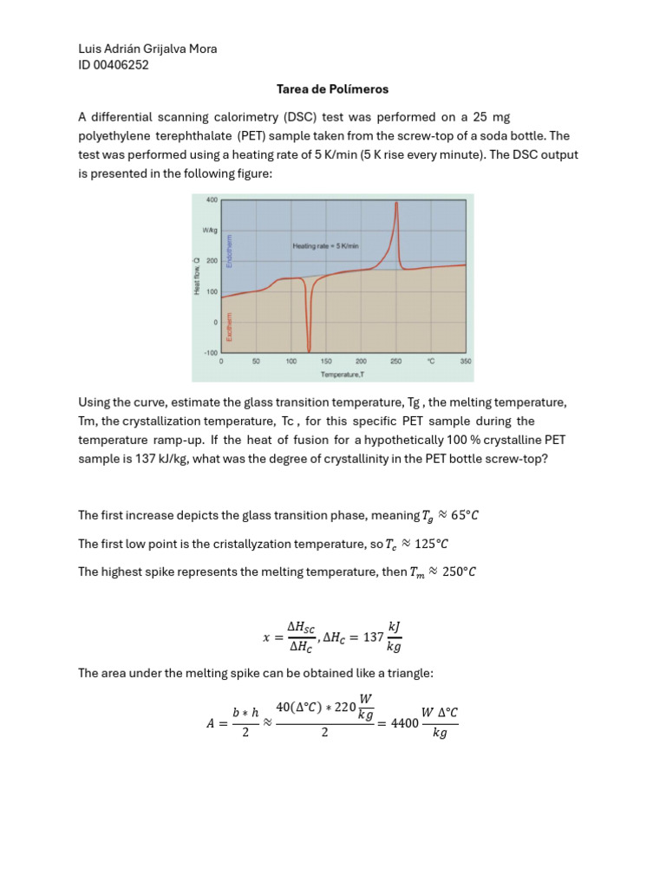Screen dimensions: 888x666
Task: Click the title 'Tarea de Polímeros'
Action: (x=332, y=89)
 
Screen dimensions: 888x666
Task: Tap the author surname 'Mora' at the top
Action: (x=199, y=49)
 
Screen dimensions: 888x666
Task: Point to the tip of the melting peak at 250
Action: (x=396, y=204)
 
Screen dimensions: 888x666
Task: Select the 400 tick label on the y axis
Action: (x=212, y=199)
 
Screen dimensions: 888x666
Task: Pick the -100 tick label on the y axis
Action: (x=210, y=353)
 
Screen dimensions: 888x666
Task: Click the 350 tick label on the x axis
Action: (x=466, y=362)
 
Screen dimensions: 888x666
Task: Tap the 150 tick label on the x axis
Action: (x=326, y=362)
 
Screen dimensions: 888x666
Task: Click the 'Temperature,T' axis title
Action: (x=343, y=375)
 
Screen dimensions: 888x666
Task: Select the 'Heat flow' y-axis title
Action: (x=197, y=277)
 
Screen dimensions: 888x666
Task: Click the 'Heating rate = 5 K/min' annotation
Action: (x=325, y=246)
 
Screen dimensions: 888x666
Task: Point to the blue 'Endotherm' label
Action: (x=229, y=251)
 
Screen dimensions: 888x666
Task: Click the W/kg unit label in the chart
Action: (x=210, y=231)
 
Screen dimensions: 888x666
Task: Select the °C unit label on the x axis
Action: (x=431, y=362)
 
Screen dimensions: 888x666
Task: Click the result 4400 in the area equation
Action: (x=403, y=722)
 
